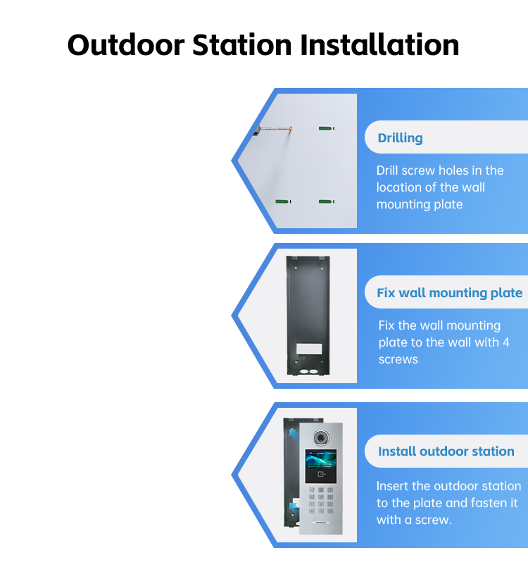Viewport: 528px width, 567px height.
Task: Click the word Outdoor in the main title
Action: (x=126, y=45)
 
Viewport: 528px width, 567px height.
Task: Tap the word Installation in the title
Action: (x=379, y=45)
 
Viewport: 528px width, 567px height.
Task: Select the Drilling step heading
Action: (x=400, y=138)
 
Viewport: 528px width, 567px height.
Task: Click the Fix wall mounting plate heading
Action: (x=450, y=292)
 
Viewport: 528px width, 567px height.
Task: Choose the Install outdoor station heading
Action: (x=446, y=451)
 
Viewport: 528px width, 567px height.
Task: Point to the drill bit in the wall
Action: (x=272, y=130)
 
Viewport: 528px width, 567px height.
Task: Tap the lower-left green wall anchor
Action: (x=283, y=201)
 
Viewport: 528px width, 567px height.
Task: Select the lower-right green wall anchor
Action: (x=327, y=201)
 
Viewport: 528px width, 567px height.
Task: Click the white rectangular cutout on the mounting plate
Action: (x=309, y=349)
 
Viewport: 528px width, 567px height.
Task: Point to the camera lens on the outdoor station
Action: (x=320, y=437)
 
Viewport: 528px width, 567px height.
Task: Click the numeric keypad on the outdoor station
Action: (x=320, y=501)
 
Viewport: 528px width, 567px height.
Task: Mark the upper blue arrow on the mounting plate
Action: (x=294, y=434)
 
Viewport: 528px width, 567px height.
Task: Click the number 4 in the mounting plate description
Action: (x=506, y=342)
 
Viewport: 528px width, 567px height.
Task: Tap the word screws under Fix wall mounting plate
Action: (x=398, y=360)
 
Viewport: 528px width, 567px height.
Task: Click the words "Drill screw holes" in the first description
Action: (x=421, y=170)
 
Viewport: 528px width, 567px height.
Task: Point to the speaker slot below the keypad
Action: (x=321, y=523)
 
